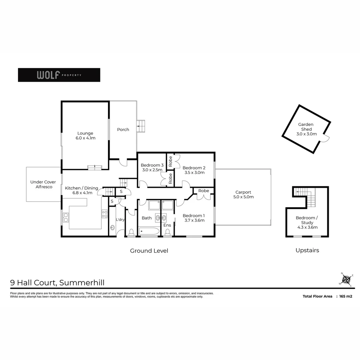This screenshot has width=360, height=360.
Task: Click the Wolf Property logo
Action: pyautogui.click(x=59, y=75)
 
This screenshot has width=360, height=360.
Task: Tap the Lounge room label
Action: pyautogui.click(x=85, y=135)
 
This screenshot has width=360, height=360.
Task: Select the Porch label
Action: pyautogui.click(x=123, y=130)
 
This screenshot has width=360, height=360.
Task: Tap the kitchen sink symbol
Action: pyautogui.click(x=66, y=217)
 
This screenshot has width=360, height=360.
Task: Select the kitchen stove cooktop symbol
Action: pyautogui.click(x=105, y=214)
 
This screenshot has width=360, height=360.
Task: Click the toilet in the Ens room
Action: pyautogui.click(x=168, y=232)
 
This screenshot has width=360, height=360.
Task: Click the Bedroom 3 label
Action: pyautogui.click(x=152, y=167)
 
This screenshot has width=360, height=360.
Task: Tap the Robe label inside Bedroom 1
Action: pyautogui.click(x=204, y=191)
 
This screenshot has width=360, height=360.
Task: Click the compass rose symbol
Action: pyautogui.click(x=347, y=279)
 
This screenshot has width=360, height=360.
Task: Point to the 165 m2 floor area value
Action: pyautogui.click(x=346, y=296)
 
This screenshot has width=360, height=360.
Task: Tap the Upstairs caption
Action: pyautogui.click(x=307, y=250)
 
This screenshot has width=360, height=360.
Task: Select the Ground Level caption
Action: pyautogui.click(x=149, y=251)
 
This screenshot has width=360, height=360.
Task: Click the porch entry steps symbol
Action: pyautogui.click(x=141, y=126)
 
